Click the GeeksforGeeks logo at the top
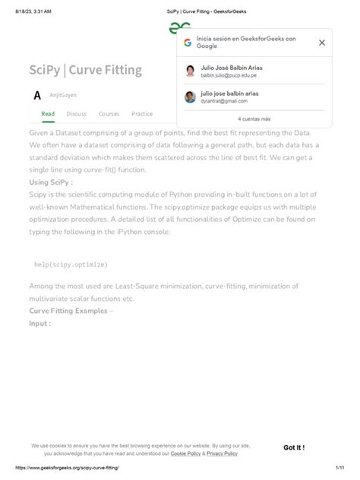click(179, 28)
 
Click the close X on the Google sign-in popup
click(321, 43)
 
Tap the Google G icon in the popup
click(188, 43)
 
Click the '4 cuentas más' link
click(254, 119)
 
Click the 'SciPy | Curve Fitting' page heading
click(85, 71)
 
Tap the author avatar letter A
click(37, 96)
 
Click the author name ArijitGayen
click(63, 95)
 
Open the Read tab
click(48, 114)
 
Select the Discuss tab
click(77, 114)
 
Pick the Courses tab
click(109, 114)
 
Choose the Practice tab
click(142, 114)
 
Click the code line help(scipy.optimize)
click(71, 264)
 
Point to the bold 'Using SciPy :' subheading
click(51, 182)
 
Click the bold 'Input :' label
click(40, 323)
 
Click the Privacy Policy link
click(222, 453)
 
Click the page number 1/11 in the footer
click(339, 469)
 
